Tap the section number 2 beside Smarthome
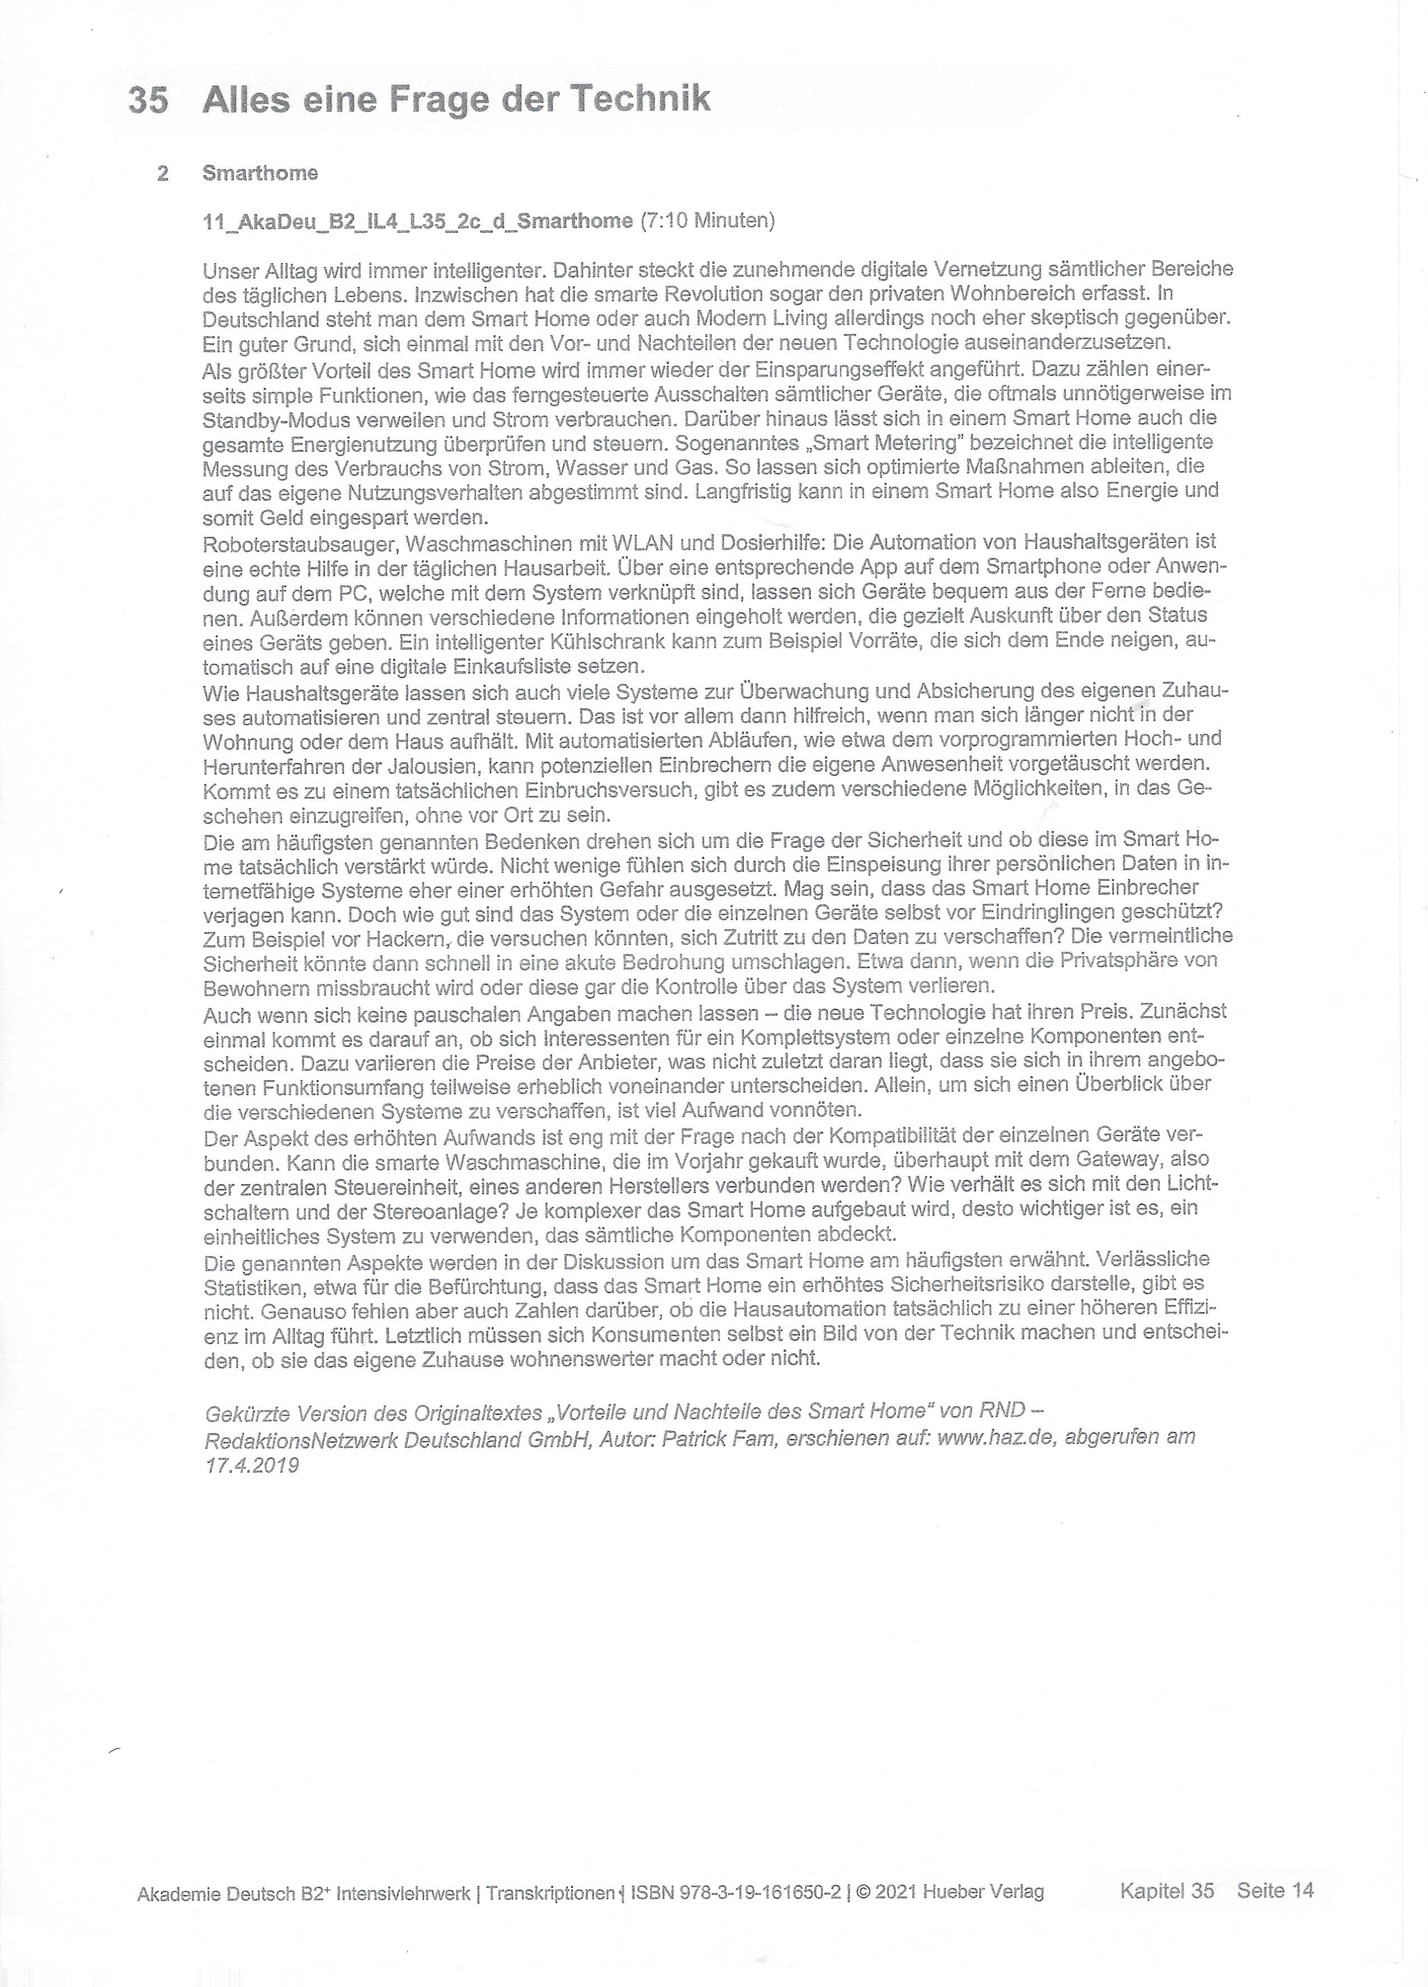click(x=163, y=174)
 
